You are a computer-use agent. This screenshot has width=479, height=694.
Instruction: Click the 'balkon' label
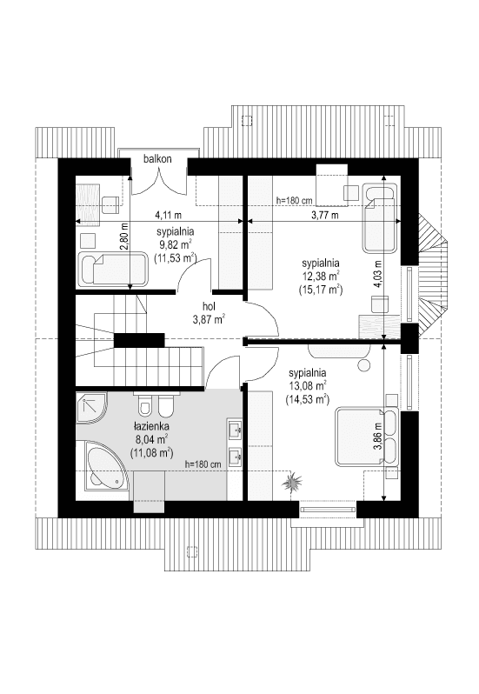pyautogui.click(x=158, y=159)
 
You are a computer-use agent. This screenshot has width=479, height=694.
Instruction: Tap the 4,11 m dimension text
pyautogui.click(x=168, y=214)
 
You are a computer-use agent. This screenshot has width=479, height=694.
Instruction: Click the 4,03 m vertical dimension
pyautogui.click(x=377, y=273)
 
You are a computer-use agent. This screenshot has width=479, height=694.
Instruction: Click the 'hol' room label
pyautogui.click(x=209, y=306)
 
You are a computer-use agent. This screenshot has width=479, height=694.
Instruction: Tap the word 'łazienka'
pyautogui.click(x=150, y=428)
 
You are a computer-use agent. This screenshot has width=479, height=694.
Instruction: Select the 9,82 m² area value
pyautogui.click(x=175, y=245)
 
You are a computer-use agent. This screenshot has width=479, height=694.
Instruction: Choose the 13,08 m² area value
pyautogui.click(x=308, y=386)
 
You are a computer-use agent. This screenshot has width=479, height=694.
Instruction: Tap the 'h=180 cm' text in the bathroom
pyautogui.click(x=204, y=465)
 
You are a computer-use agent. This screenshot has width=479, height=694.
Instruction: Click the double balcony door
pyautogui.click(x=158, y=178)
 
